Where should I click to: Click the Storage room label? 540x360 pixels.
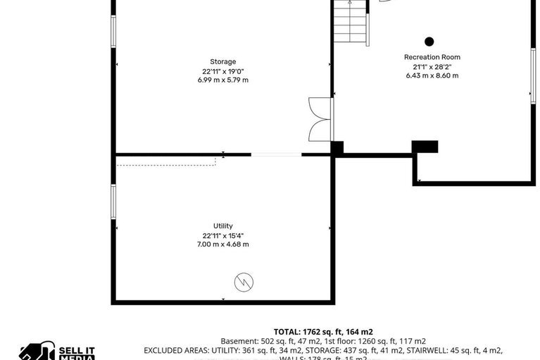[223, 61]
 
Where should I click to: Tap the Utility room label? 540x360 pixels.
[223, 225]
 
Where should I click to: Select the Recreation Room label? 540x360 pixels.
[432, 57]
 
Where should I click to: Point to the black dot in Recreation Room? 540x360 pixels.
[429, 42]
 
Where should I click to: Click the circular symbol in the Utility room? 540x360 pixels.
[244, 283]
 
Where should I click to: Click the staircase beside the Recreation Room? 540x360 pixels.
[350, 23]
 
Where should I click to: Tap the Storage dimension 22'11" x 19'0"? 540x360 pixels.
[223, 70]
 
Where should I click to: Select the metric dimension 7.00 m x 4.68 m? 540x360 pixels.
[223, 244]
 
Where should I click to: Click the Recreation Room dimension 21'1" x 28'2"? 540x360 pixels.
[432, 66]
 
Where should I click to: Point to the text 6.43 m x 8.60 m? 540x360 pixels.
[432, 75]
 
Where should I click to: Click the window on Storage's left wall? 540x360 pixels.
[113, 32]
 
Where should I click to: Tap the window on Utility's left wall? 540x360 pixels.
[113, 201]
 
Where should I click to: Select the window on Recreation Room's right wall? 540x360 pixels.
[532, 77]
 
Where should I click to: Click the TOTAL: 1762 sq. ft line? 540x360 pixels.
[323, 331]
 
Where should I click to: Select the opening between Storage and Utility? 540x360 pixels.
[276, 154]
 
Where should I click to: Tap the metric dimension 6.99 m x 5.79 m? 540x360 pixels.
[223, 80]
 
